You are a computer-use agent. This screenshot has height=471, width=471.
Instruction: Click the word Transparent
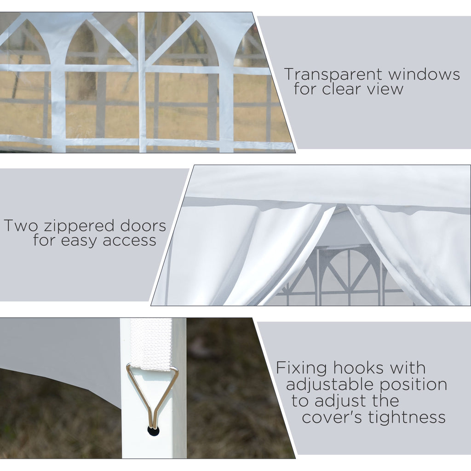point(333,74)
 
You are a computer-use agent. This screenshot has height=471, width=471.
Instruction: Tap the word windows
point(424,74)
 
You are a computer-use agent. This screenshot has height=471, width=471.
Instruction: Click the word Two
point(21,225)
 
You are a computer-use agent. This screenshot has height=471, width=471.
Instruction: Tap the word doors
point(143,225)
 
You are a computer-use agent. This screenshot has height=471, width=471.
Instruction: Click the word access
point(129,241)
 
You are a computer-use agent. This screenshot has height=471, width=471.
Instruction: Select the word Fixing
point(301,368)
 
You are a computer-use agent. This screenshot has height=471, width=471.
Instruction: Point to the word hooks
point(358,368)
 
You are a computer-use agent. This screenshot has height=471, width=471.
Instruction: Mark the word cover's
point(332,417)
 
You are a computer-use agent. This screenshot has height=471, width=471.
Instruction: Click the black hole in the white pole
point(154,431)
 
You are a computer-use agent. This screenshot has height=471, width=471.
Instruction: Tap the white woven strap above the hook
point(152,344)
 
